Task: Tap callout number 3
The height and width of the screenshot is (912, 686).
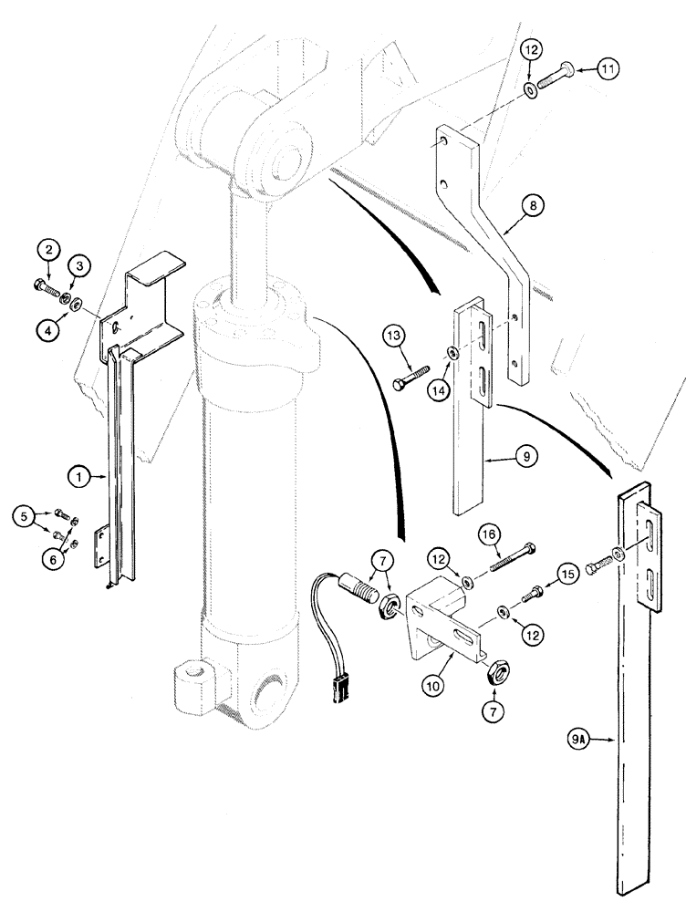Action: click(x=80, y=266)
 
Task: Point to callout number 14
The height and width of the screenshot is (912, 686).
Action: click(x=439, y=389)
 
